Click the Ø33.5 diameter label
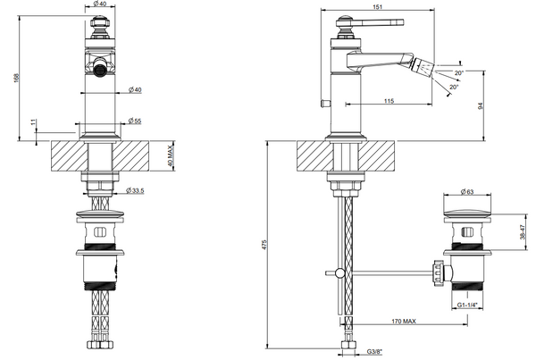click(137, 190)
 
